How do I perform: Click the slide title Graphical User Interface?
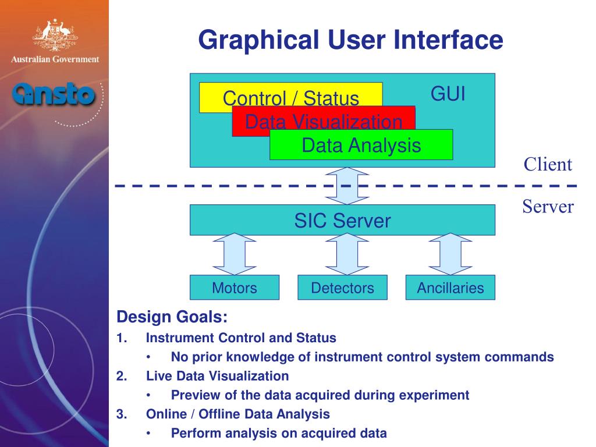pos(350,41)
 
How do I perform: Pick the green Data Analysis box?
pos(361,145)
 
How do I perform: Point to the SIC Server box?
pos(342,220)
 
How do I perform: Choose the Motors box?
pos(235,288)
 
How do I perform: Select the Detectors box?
pos(342,288)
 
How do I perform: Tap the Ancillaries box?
pos(450,288)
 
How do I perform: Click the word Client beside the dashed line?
pos(548,164)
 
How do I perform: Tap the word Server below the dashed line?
pos(548,207)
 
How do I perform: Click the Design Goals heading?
pos(172,318)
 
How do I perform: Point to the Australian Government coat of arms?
pos(54,36)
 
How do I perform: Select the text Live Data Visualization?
pos(217,376)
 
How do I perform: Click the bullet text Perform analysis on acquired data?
pos(279,433)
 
